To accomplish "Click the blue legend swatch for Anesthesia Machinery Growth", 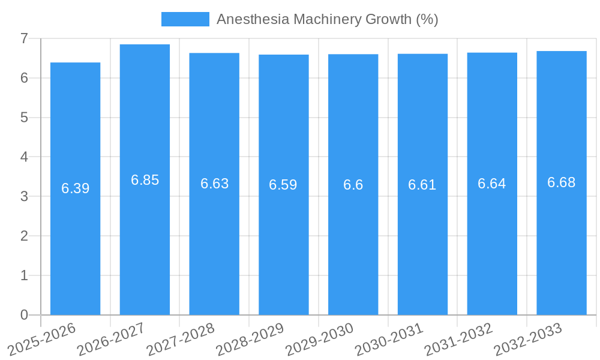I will (185, 19).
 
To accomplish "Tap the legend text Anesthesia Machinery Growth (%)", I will (327, 19).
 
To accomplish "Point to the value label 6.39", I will (75, 188).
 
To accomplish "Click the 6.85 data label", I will (145, 180).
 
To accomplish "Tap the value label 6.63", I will (214, 184).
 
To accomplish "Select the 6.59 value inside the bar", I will (283, 185).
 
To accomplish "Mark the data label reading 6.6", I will (353, 185).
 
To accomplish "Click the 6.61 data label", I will (422, 185).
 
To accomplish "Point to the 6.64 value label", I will (491, 184).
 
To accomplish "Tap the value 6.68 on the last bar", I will (561, 183).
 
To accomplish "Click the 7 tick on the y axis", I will (24, 38).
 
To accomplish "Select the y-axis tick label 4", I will (24, 157).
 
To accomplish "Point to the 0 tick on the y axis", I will (24, 315).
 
